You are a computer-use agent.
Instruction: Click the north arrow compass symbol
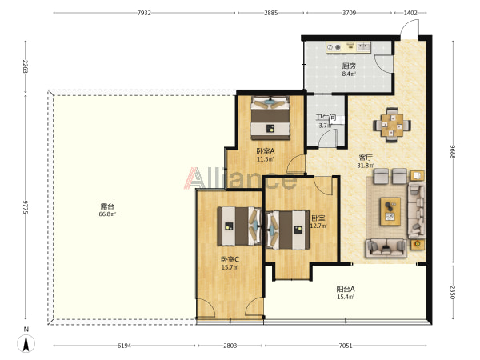pyautogui.click(x=26, y=343)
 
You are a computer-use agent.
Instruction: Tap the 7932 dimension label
pyautogui.click(x=144, y=13)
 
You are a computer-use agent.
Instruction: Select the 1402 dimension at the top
pyautogui.click(x=410, y=13)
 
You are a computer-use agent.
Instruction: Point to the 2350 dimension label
pyautogui.click(x=453, y=292)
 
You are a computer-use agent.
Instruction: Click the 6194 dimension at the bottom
pyautogui.click(x=124, y=346)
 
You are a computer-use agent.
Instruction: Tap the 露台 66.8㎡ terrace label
pyautogui.click(x=107, y=210)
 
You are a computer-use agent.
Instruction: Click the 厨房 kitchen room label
pyautogui.click(x=349, y=66)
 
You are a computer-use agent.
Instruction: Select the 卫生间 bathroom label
pyautogui.click(x=326, y=118)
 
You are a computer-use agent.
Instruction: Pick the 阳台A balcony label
pyautogui.click(x=346, y=290)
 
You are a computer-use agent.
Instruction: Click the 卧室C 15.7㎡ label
pyautogui.click(x=230, y=263)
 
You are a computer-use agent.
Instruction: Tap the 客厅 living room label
pyautogui.click(x=366, y=158)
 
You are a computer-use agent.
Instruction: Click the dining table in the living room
pyautogui.click(x=392, y=125)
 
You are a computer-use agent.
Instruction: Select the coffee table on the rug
pyautogui.click(x=390, y=211)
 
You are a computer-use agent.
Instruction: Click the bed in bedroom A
pyautogui.click(x=270, y=118)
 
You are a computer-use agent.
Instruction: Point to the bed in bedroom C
pyautogui.click(x=239, y=226)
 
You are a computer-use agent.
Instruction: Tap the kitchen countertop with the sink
pyautogui.click(x=349, y=47)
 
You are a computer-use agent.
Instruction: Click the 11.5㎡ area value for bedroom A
pyautogui.click(x=266, y=159)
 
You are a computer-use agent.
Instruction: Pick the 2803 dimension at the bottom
pyautogui.click(x=230, y=346)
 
